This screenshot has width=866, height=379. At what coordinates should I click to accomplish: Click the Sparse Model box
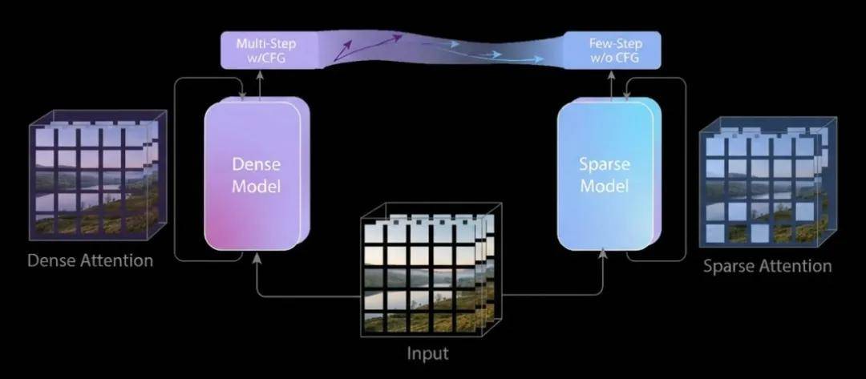tap(606, 175)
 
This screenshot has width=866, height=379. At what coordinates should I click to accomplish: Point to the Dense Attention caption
tap(90, 260)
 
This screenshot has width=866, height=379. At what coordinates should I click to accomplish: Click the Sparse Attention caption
tap(767, 266)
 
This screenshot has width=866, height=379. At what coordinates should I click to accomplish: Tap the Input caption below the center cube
tap(427, 353)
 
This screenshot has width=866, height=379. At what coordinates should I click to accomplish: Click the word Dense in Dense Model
tap(255, 163)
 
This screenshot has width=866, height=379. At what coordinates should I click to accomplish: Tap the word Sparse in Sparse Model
tap(605, 164)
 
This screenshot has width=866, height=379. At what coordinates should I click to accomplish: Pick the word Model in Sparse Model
tap(605, 186)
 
